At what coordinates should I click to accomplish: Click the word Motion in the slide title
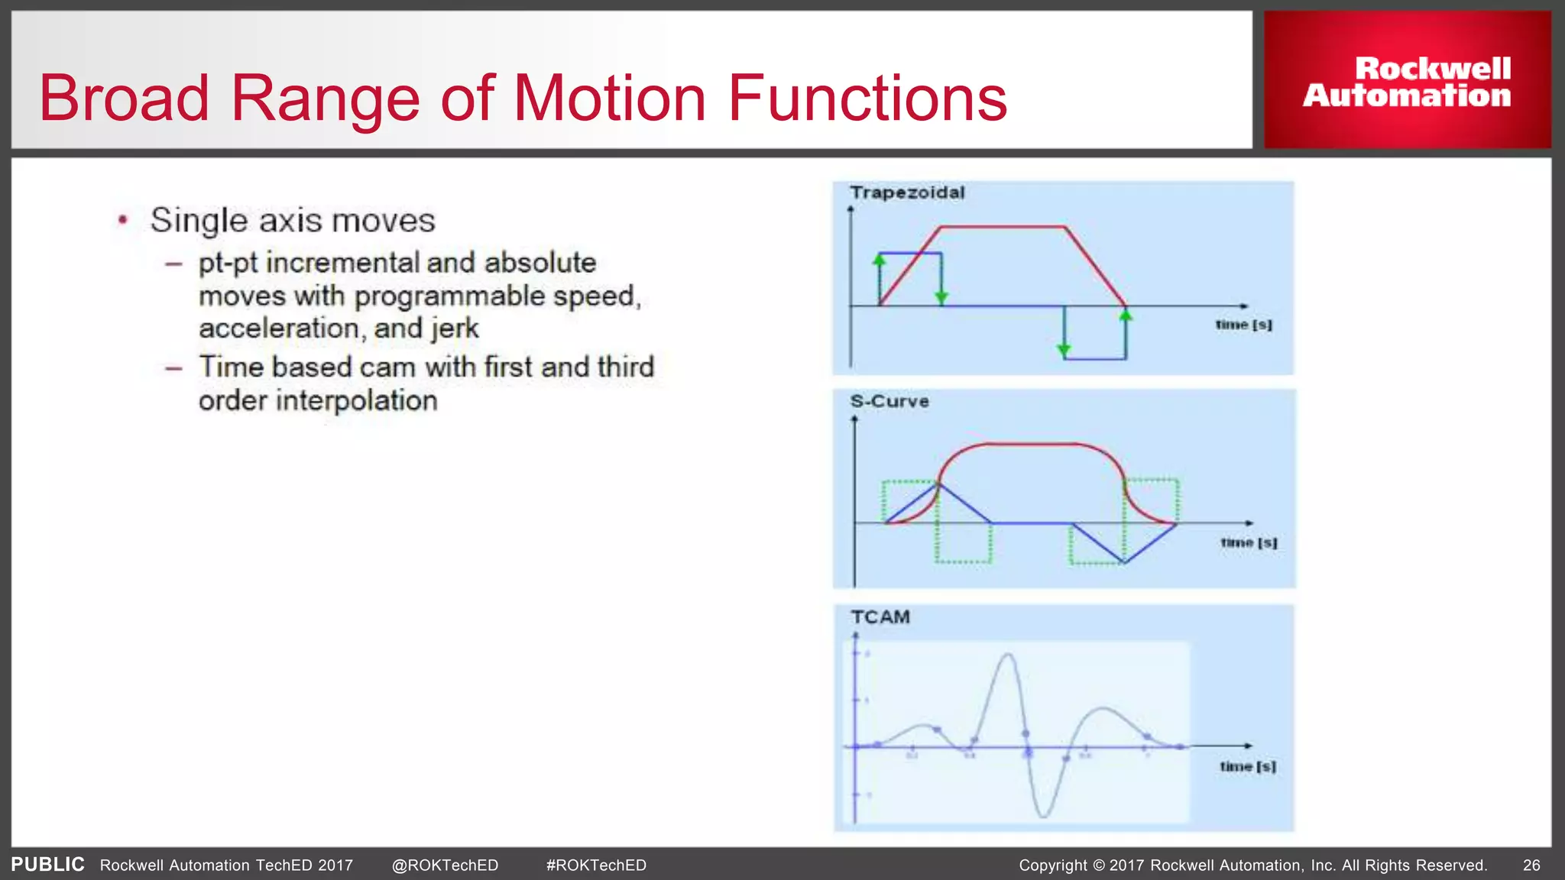pyautogui.click(x=609, y=98)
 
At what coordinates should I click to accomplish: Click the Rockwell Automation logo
pyautogui.click(x=1407, y=81)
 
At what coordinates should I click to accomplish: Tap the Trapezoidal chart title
pyautogui.click(x=907, y=192)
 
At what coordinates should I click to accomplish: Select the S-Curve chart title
pyautogui.click(x=889, y=402)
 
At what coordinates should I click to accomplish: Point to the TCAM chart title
pyautogui.click(x=880, y=617)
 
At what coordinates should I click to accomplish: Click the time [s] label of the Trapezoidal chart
pyautogui.click(x=1243, y=325)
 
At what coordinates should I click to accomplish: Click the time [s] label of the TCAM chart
pyautogui.click(x=1247, y=766)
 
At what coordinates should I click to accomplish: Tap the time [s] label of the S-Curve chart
pyautogui.click(x=1248, y=542)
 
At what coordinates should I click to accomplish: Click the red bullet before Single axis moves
pyautogui.click(x=123, y=221)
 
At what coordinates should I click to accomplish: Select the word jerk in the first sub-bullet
pyautogui.click(x=454, y=328)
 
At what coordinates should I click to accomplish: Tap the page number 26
pyautogui.click(x=1531, y=865)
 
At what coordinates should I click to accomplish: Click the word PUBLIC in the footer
pyautogui.click(x=47, y=864)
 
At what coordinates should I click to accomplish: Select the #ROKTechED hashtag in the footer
pyautogui.click(x=596, y=865)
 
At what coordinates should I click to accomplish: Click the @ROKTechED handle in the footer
pyautogui.click(x=445, y=865)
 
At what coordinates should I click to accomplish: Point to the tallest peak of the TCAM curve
pyautogui.click(x=1008, y=655)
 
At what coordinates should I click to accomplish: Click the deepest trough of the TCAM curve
pyautogui.click(x=1044, y=816)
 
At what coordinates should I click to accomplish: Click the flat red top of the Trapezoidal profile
pyautogui.click(x=1002, y=227)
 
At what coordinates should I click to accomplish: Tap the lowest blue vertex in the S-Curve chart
pyautogui.click(x=1124, y=563)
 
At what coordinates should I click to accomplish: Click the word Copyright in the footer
pyautogui.click(x=1052, y=865)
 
